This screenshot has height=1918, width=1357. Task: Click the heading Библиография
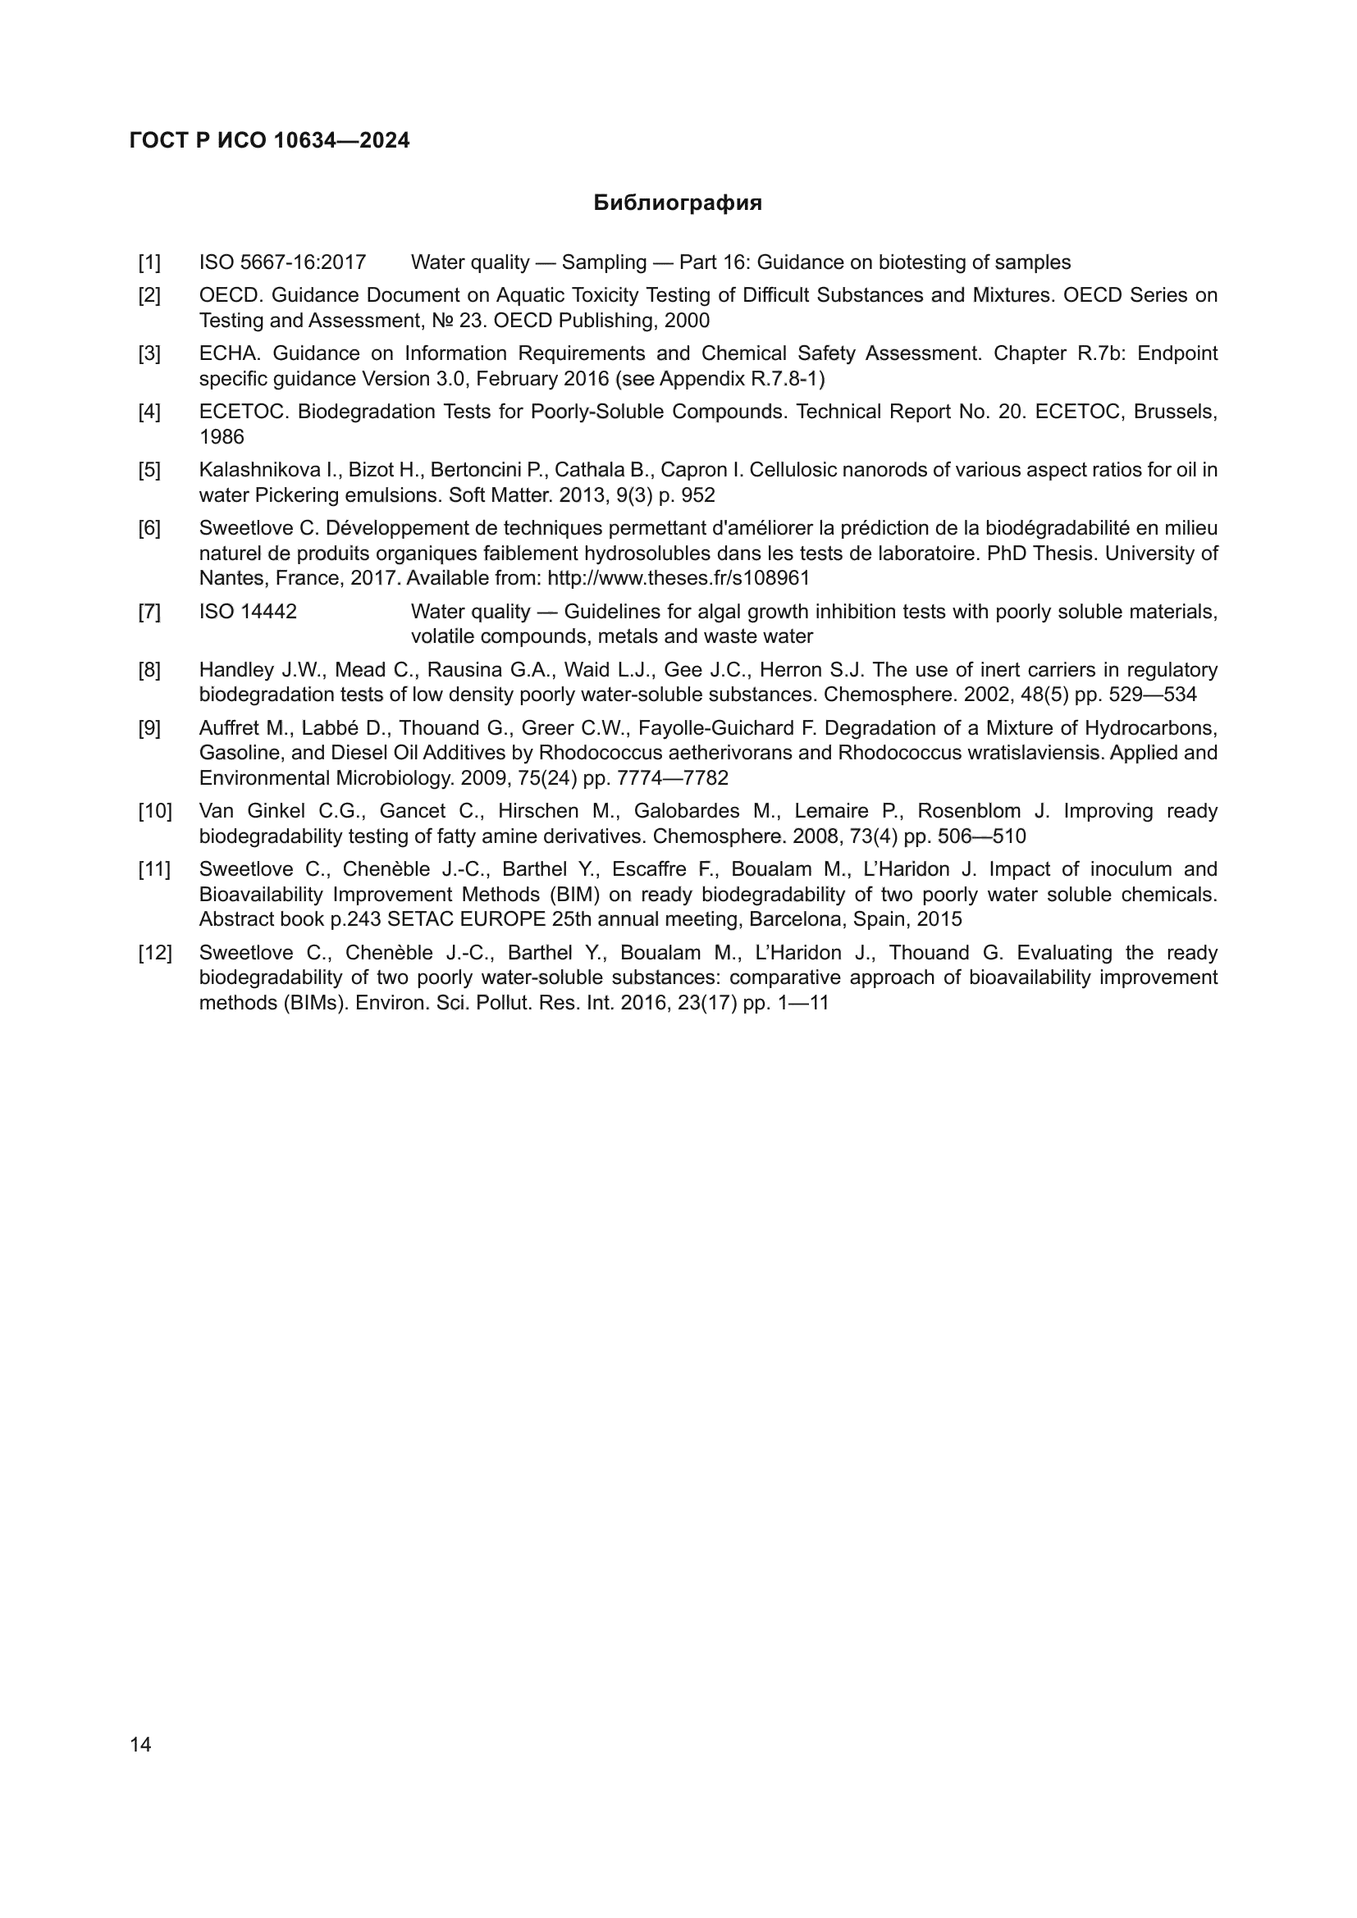coord(677,203)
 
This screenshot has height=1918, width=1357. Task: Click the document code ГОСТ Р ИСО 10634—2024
coord(269,140)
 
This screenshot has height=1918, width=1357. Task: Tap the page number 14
coord(140,1744)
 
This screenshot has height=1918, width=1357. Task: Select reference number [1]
coord(149,262)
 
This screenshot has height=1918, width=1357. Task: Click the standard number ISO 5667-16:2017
coord(282,262)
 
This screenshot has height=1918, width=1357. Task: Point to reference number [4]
coord(149,412)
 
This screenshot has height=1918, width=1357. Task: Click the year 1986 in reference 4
coord(222,437)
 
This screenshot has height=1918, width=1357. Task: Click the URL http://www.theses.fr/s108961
coord(678,578)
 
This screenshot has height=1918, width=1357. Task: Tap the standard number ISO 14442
coord(247,612)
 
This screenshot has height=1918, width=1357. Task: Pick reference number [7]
coord(149,612)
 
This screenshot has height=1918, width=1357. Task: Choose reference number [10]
coord(154,811)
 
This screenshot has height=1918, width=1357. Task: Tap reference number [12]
coord(154,953)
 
